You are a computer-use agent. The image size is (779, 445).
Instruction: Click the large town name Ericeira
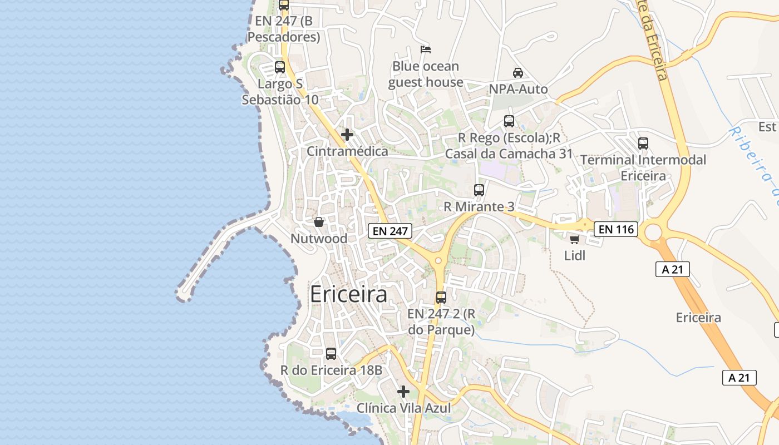point(348,294)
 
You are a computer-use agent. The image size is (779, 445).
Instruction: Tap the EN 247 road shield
point(389,231)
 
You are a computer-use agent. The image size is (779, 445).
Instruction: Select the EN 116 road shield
point(615,229)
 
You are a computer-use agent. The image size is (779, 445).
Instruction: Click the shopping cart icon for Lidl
point(574,239)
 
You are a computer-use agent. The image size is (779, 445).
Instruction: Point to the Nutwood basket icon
point(319,222)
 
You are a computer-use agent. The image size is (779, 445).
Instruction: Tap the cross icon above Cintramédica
point(347,135)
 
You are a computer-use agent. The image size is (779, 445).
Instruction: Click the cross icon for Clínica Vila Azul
point(403,392)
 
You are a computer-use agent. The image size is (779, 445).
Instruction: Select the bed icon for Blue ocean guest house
point(426,50)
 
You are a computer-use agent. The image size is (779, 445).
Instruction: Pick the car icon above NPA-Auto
point(518,73)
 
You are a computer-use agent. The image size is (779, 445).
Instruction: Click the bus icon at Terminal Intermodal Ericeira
point(643,144)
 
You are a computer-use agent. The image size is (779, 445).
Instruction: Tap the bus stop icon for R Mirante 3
point(479,190)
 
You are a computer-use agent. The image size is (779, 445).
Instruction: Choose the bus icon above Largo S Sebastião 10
point(280,67)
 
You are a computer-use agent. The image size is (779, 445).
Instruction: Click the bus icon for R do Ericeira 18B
point(331,353)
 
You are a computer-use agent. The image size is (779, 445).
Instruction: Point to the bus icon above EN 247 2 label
point(441,297)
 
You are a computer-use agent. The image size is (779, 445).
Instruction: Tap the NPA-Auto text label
point(518,89)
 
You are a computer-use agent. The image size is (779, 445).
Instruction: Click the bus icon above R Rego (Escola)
point(509,121)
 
